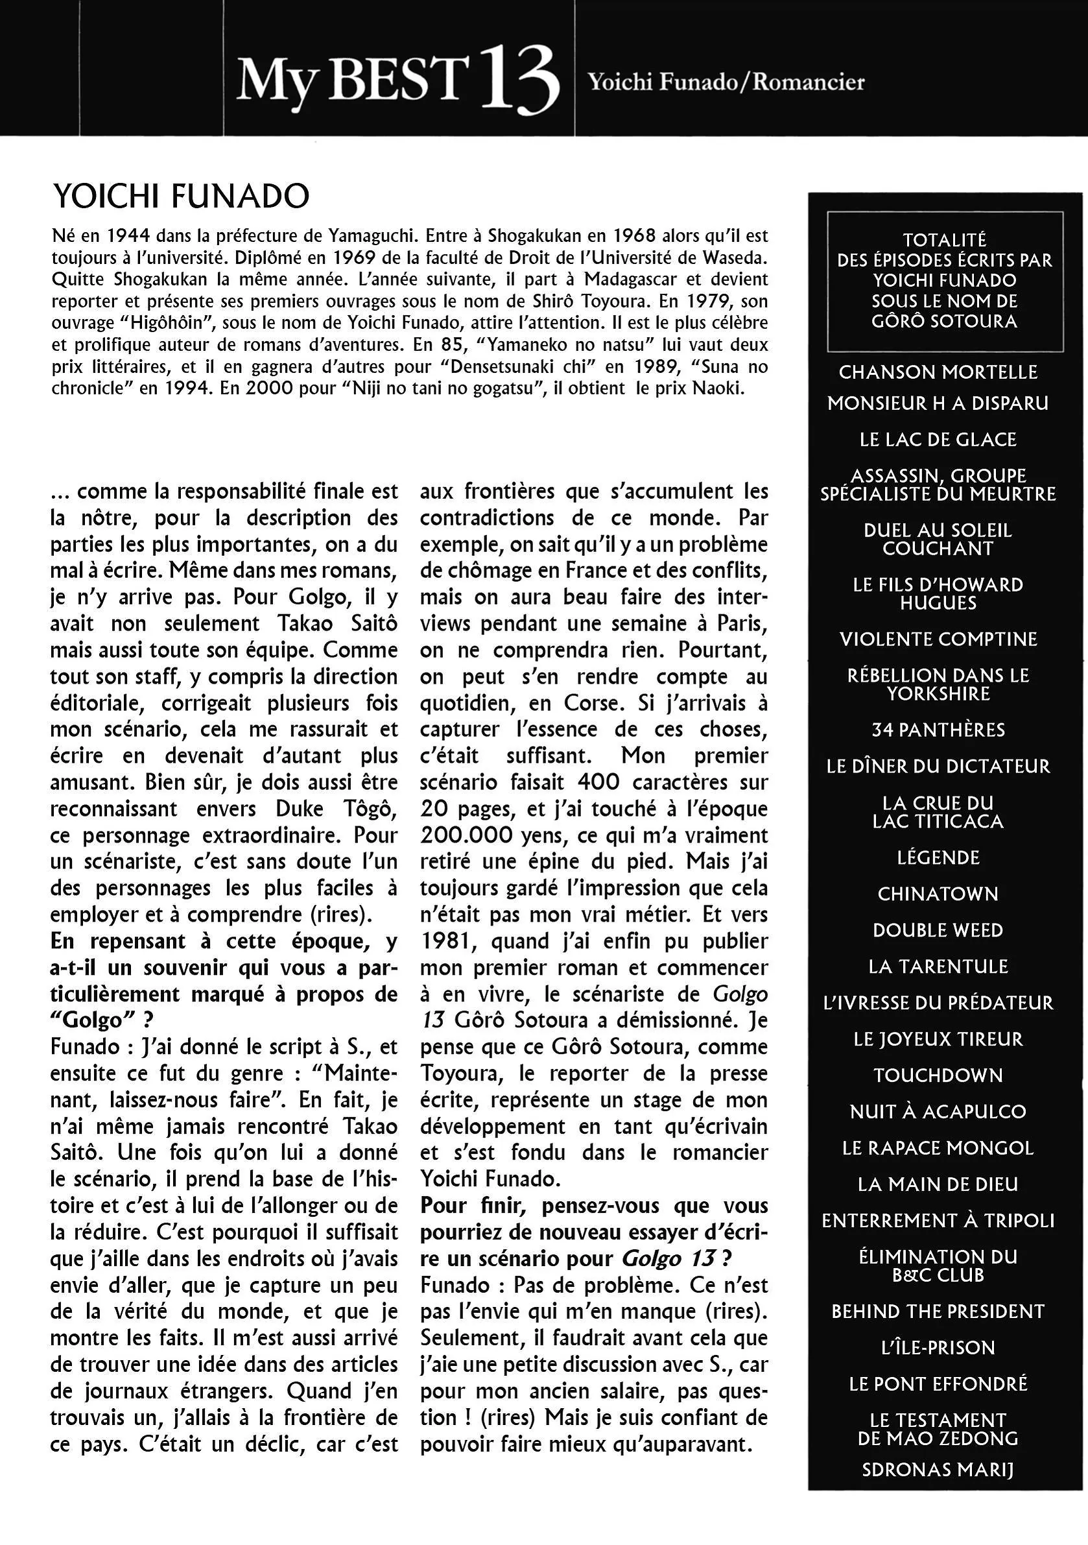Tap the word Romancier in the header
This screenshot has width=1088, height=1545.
tap(808, 82)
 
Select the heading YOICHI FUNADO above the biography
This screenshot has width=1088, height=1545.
tap(180, 197)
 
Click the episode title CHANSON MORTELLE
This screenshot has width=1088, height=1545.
tap(938, 372)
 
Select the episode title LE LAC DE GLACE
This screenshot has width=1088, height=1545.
tap(938, 439)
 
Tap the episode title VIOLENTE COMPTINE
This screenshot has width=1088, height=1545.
tap(938, 639)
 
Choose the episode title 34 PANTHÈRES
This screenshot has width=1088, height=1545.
tap(938, 730)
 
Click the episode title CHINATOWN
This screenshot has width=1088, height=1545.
tap(938, 894)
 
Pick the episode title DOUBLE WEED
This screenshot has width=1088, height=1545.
tap(938, 930)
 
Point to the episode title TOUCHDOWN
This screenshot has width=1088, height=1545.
tap(938, 1075)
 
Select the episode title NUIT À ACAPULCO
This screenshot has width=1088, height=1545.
tap(938, 1112)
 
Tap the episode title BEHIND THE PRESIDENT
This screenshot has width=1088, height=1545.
tap(938, 1311)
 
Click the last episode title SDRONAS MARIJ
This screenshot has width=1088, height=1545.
tap(938, 1470)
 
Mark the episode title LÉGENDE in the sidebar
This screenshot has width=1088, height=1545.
tap(938, 857)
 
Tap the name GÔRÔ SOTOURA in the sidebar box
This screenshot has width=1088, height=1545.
tap(944, 321)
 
